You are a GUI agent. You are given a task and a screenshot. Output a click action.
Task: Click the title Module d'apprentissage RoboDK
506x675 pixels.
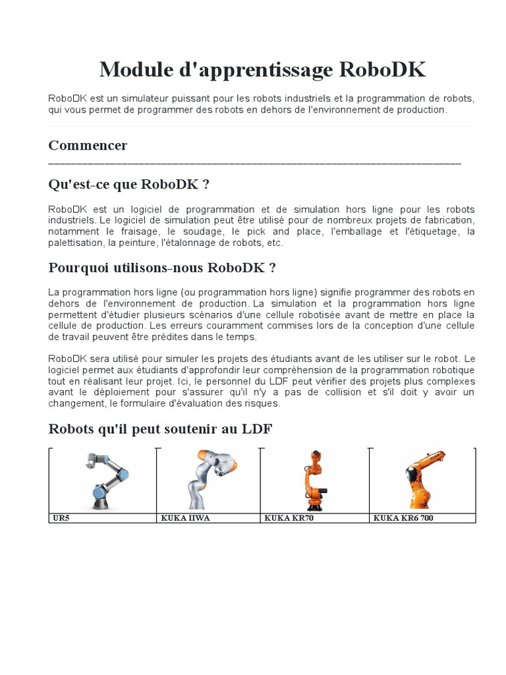[x=262, y=69]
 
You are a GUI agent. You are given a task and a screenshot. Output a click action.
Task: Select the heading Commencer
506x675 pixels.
[x=88, y=145]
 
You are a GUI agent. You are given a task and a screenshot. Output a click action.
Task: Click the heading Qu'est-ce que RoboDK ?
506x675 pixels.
[x=129, y=184]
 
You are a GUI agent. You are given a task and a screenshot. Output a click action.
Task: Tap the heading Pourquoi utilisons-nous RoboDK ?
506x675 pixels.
[x=162, y=268]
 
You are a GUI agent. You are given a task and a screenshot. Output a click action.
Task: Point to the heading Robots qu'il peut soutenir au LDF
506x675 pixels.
[x=160, y=429]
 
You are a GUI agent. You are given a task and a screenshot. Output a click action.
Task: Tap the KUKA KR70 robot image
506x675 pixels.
[x=315, y=481]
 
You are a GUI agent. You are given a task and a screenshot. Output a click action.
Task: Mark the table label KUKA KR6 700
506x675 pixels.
[x=403, y=518]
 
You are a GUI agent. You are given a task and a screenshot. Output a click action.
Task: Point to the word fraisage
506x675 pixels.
[x=139, y=231]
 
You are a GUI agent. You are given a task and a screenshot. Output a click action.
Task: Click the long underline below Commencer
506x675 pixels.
[x=254, y=163]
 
